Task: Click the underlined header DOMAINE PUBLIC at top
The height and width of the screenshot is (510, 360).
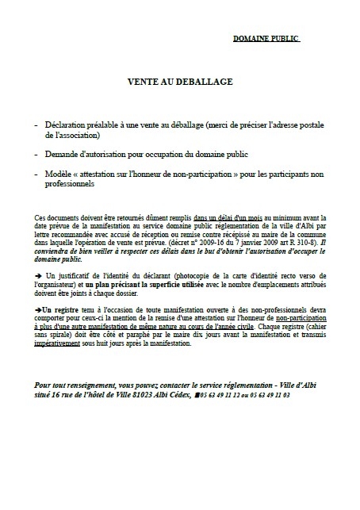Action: coord(266,37)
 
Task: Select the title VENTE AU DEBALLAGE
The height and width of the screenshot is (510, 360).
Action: coord(180,82)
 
